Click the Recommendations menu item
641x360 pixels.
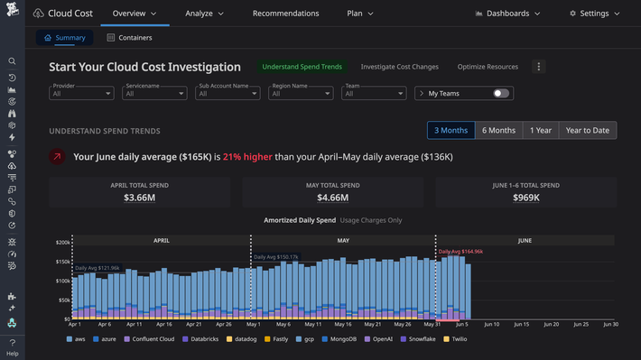(x=285, y=14)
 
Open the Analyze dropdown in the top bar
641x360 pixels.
(x=204, y=14)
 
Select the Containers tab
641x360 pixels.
(x=129, y=38)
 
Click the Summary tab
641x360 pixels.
(x=64, y=38)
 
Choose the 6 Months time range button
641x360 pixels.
(x=498, y=131)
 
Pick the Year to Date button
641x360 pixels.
(x=587, y=131)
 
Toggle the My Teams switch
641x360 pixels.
(x=501, y=94)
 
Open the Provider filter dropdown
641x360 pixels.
(x=81, y=94)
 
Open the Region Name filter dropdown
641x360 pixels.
(x=302, y=94)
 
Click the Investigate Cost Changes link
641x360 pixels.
(x=399, y=67)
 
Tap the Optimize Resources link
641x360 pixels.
(x=488, y=67)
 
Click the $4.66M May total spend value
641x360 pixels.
(x=333, y=197)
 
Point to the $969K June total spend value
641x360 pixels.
(x=526, y=197)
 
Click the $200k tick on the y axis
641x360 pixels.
(x=62, y=243)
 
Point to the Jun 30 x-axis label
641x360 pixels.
(x=610, y=324)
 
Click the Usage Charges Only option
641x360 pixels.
(x=371, y=220)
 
